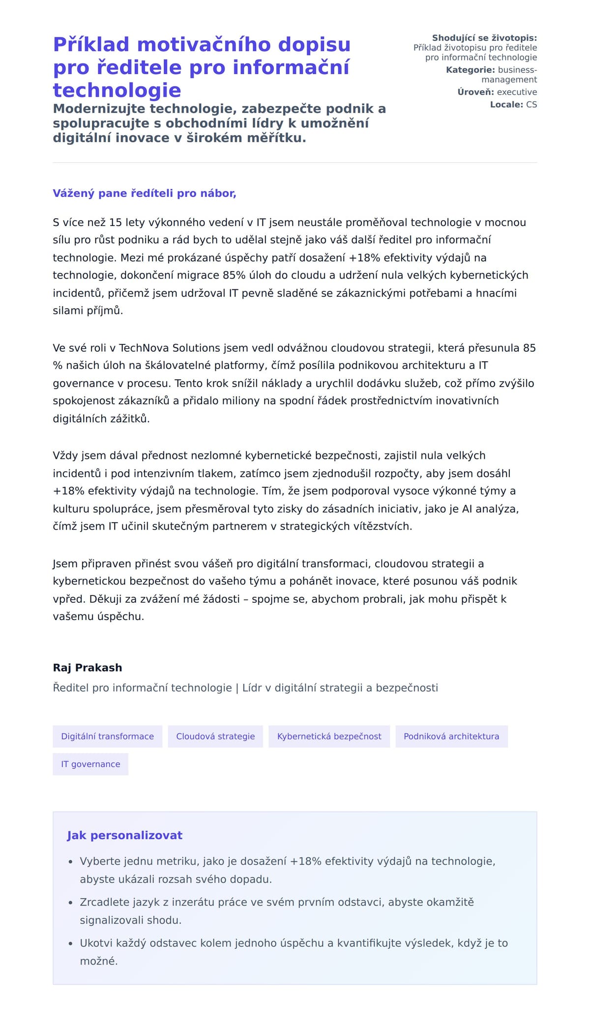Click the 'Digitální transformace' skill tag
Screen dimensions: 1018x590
[107, 736]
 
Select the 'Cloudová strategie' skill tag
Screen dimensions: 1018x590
[215, 736]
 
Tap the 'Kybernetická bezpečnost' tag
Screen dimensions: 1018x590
[329, 736]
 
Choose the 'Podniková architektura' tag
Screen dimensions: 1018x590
[451, 736]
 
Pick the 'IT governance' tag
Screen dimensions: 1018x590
[90, 764]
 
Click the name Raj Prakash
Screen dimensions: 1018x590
[88, 667]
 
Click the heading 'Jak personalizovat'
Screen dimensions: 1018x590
[124, 835]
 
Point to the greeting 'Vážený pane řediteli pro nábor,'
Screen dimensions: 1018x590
[145, 193]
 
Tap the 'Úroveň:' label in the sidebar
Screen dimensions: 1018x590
[475, 92]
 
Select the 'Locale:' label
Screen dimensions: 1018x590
[506, 104]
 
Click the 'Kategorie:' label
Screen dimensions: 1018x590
[470, 70]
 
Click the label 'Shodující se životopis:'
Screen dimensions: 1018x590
[484, 38]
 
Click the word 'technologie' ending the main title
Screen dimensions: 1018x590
[117, 90]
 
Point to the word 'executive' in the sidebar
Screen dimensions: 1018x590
[517, 92]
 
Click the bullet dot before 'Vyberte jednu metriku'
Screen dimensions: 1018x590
[70, 862]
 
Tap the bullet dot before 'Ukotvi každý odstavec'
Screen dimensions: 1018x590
[70, 944]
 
